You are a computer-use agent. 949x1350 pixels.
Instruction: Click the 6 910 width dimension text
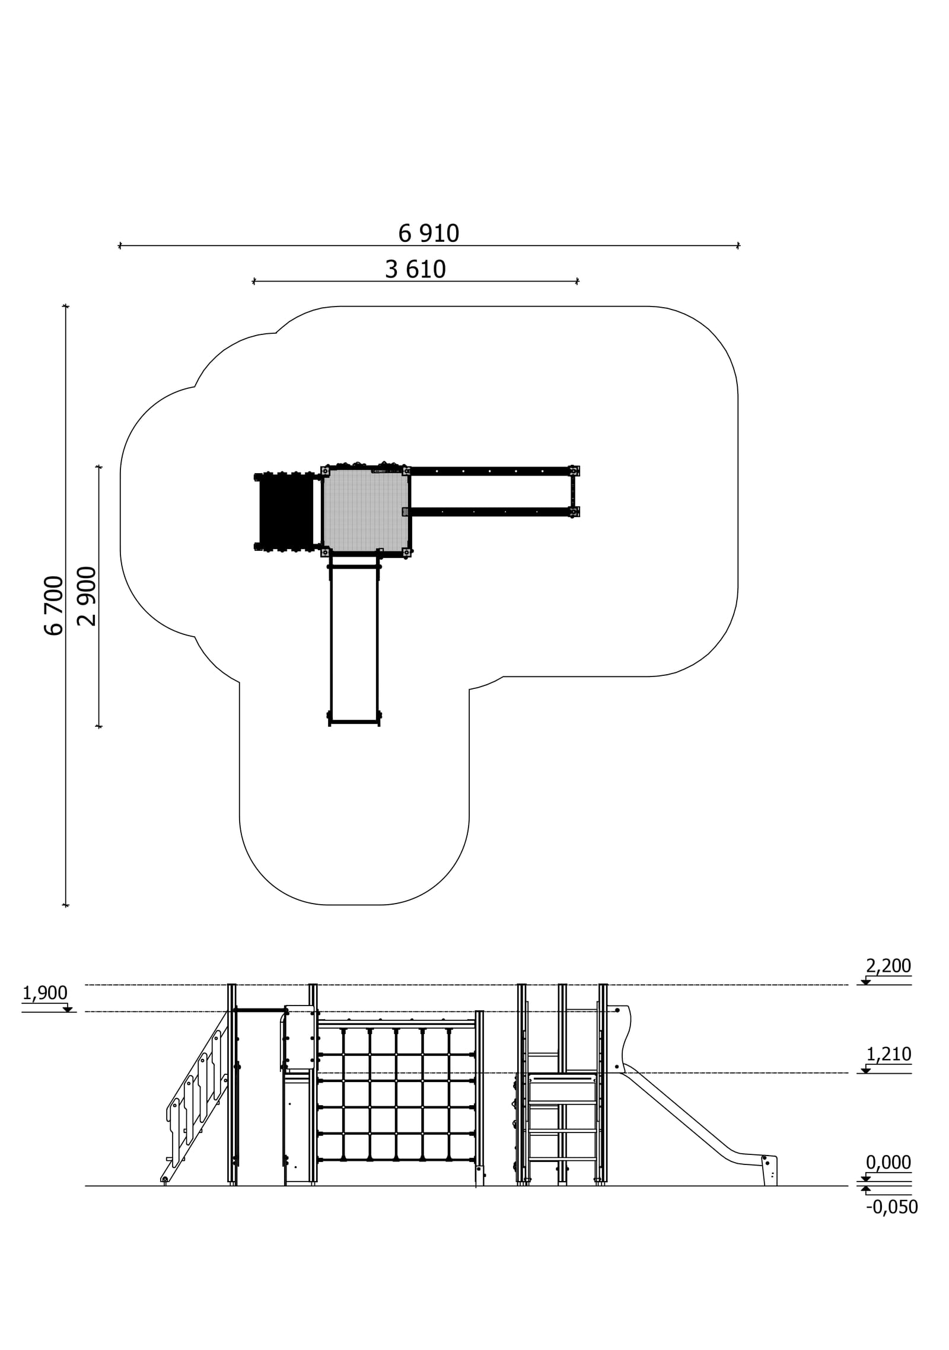pyautogui.click(x=428, y=234)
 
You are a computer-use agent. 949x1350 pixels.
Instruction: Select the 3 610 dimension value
pyautogui.click(x=415, y=270)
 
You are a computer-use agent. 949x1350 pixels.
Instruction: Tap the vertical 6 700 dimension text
pyautogui.click(x=53, y=605)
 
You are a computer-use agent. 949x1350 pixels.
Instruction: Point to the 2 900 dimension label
pyautogui.click(x=87, y=596)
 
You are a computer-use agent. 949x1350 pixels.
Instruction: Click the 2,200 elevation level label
pyautogui.click(x=888, y=966)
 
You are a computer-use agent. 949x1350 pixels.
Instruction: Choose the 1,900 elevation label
pyautogui.click(x=45, y=992)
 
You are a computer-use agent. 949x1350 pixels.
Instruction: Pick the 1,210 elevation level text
pyautogui.click(x=889, y=1054)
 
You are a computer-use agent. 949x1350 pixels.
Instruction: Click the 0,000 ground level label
pyautogui.click(x=888, y=1162)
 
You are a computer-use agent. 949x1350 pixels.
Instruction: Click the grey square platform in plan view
pyautogui.click(x=366, y=510)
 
